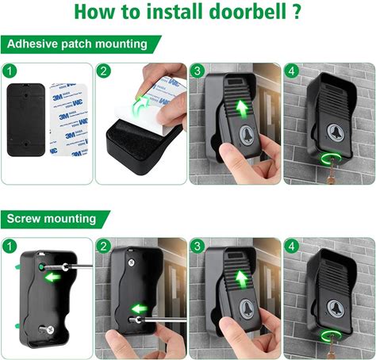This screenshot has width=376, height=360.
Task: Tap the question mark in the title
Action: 297,12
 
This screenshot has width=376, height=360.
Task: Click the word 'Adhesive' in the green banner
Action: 32,44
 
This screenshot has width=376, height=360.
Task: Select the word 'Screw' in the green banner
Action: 23,219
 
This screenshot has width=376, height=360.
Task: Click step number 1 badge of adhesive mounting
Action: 10,71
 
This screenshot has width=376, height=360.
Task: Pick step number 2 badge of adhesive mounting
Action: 103,71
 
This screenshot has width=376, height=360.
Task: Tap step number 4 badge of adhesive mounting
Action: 291,71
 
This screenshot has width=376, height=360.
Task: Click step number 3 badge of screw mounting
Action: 198,247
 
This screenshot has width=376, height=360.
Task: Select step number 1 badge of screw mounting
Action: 10,247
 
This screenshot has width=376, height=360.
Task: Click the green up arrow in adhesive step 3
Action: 243,108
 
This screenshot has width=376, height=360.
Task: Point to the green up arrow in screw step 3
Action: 241,281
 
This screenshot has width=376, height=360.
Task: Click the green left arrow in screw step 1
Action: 53,278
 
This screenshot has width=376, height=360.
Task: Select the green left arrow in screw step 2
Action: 140,308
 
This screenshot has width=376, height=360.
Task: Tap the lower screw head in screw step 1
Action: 49,329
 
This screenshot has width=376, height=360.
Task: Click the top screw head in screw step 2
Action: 132,262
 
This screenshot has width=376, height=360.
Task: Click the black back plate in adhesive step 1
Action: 26,120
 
